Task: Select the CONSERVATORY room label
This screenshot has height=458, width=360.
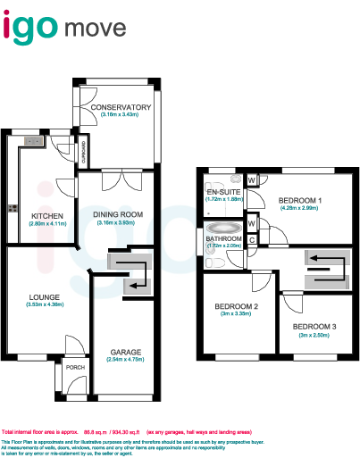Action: tap(121, 108)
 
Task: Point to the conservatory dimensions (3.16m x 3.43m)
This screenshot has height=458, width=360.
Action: tap(121, 115)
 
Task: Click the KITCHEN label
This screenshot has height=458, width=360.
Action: tap(46, 216)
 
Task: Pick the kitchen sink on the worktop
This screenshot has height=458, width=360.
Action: tap(34, 140)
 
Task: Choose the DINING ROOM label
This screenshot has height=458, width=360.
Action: tap(119, 215)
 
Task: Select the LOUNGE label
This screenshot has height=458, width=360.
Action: tap(45, 298)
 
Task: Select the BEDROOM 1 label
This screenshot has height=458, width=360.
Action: tap(299, 200)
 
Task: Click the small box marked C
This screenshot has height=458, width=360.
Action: tap(252, 239)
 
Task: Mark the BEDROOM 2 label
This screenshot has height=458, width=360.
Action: tap(237, 307)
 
